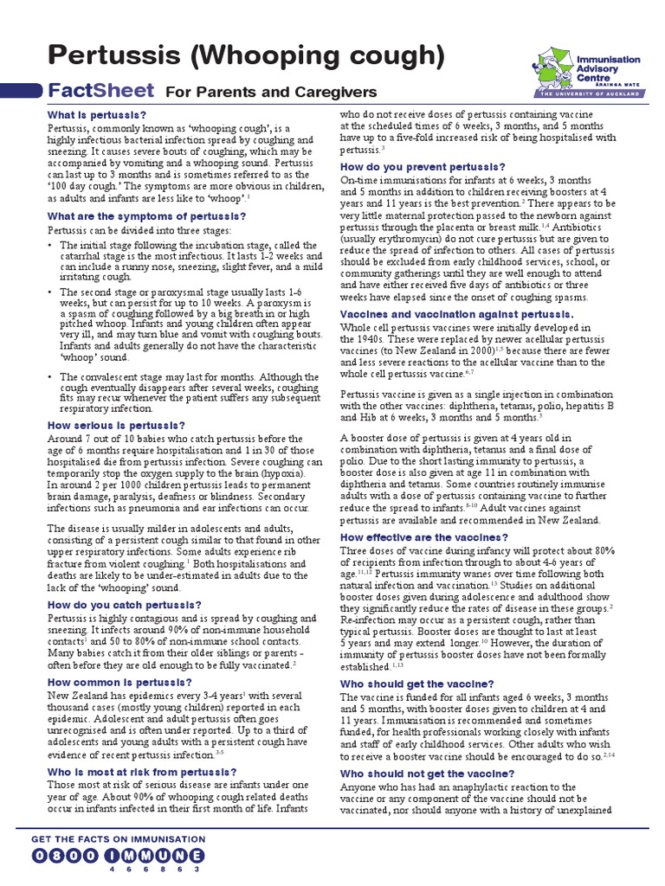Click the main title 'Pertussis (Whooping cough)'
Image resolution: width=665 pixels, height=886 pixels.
247,56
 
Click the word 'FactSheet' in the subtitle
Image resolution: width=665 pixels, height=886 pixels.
100,91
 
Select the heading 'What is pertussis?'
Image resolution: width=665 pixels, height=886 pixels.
96,115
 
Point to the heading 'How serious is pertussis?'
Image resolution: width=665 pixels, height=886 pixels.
116,425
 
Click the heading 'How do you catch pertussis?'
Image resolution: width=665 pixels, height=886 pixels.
124,604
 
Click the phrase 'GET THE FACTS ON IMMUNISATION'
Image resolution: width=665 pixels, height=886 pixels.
118,838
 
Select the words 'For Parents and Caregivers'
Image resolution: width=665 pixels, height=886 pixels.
271,92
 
